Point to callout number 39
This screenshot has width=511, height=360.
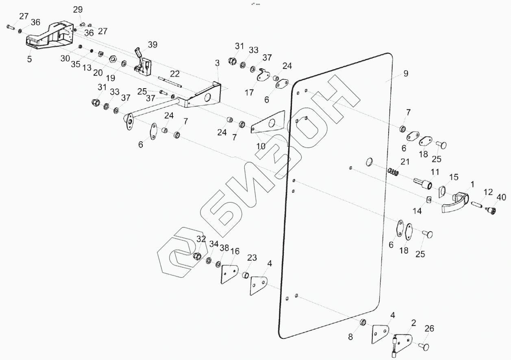coord(152,44)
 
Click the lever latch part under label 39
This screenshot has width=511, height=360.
coord(143,65)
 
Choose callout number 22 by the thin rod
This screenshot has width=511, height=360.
coord(175,74)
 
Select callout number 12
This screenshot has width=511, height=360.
coord(488,191)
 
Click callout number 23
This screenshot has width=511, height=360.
coord(252,257)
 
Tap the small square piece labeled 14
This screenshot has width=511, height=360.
coord(428,199)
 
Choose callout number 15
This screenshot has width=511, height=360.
coord(453,177)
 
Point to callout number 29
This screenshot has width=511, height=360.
coord(78,9)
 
